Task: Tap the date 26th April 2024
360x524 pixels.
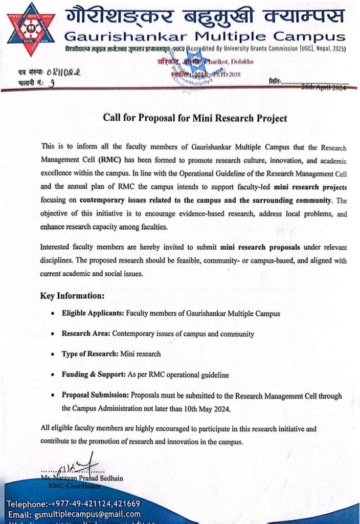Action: (324, 88)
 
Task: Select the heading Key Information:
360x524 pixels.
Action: (72, 296)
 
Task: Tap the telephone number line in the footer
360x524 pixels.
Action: (73, 504)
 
